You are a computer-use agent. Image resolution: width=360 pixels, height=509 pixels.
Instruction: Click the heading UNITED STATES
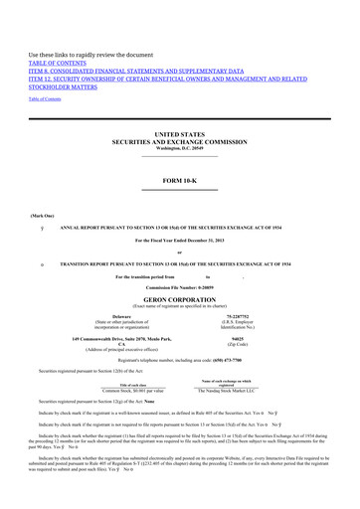click(x=180, y=133)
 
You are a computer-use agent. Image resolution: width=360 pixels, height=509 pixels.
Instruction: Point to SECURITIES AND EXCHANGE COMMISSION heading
click(x=180, y=141)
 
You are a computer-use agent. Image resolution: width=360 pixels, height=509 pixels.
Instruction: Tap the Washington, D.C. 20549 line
click(x=180, y=148)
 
